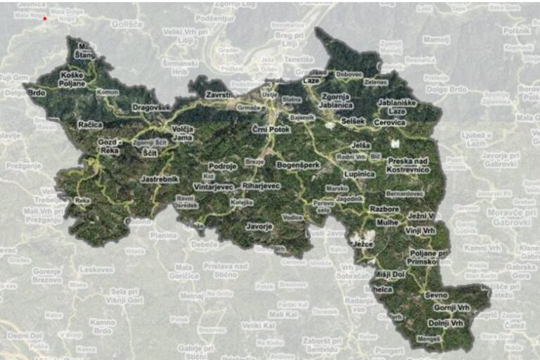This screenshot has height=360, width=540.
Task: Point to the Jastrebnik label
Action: [x=160, y=179]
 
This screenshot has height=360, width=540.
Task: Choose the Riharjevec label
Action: [x=261, y=186]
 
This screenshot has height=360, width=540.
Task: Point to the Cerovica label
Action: [x=390, y=123]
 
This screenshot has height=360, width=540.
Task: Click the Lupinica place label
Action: [x=359, y=174]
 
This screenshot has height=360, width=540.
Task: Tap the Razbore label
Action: [x=385, y=210]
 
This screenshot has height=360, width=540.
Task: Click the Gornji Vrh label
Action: [x=451, y=308]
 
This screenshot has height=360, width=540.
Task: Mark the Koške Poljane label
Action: [x=72, y=79]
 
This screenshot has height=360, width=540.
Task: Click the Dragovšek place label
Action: [x=151, y=108]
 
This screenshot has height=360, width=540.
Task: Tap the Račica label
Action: [x=90, y=124]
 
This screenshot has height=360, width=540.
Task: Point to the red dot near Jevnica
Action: [x=45, y=18]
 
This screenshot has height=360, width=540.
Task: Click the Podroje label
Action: [x=223, y=167]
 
